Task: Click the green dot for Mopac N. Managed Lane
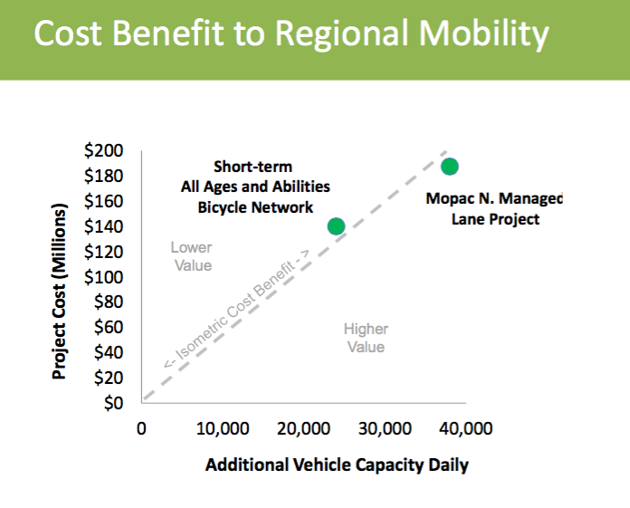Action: point(449,166)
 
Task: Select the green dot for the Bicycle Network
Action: point(336,226)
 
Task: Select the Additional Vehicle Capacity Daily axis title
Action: point(337,466)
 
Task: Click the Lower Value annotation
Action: point(191,256)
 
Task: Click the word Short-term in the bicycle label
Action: point(253,167)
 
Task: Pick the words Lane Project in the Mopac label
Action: point(494,218)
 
